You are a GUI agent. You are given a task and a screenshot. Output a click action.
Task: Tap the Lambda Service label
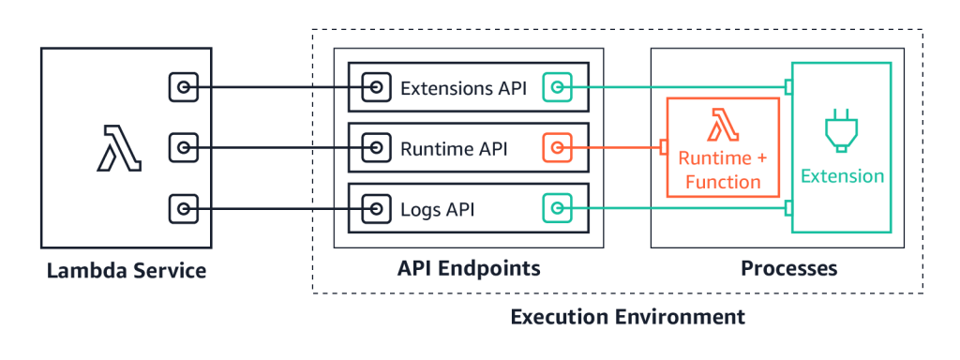coord(127,272)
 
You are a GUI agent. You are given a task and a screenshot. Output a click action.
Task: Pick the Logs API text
coord(437,207)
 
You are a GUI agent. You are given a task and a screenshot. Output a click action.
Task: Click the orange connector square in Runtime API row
coord(557,147)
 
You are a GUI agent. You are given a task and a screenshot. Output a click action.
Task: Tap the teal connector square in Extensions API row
coord(557,88)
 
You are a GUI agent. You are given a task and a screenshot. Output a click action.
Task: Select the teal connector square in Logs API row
coord(557,207)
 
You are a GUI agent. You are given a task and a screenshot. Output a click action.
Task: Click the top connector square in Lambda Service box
coord(184,88)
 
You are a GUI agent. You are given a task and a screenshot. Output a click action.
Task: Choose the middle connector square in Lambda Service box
coord(184,147)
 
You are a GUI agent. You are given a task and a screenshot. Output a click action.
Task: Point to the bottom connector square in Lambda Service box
coord(184,207)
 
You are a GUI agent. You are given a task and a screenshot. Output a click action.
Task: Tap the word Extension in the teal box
coord(842,175)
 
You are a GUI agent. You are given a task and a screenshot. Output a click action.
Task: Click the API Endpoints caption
coord(469,270)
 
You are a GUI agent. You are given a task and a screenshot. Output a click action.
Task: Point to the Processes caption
coord(788,270)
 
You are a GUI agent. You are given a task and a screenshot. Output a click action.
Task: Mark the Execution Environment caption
coord(627,317)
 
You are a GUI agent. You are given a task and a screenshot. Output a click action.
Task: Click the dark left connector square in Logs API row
coord(377,207)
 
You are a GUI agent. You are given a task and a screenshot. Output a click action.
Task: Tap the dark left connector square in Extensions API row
coord(377,88)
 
